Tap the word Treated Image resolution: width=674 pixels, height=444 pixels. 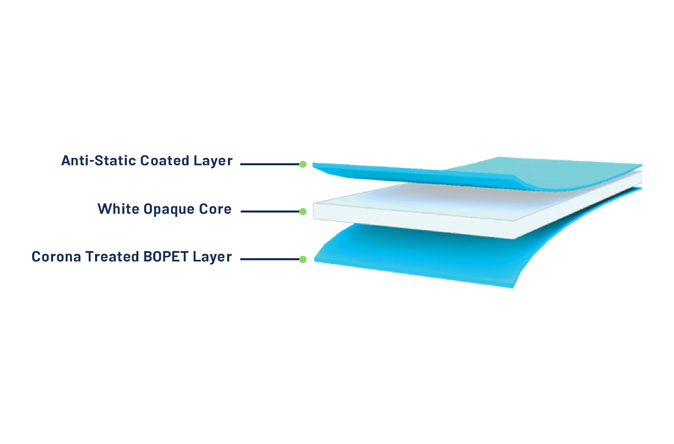pyautogui.click(x=112, y=257)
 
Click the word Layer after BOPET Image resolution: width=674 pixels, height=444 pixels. pyautogui.click(x=212, y=257)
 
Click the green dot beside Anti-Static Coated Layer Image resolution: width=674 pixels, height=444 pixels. pyautogui.click(x=303, y=164)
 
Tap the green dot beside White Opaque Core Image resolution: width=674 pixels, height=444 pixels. pyautogui.click(x=303, y=211)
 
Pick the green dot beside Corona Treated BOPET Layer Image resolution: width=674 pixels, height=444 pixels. pyautogui.click(x=303, y=259)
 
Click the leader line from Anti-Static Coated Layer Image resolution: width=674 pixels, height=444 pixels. pyautogui.click(x=270, y=164)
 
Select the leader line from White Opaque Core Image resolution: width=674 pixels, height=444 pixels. pyautogui.click(x=270, y=211)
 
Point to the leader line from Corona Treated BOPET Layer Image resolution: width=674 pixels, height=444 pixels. pyautogui.click(x=270, y=259)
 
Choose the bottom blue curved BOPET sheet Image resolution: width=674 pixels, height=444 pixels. pyautogui.click(x=411, y=255)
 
